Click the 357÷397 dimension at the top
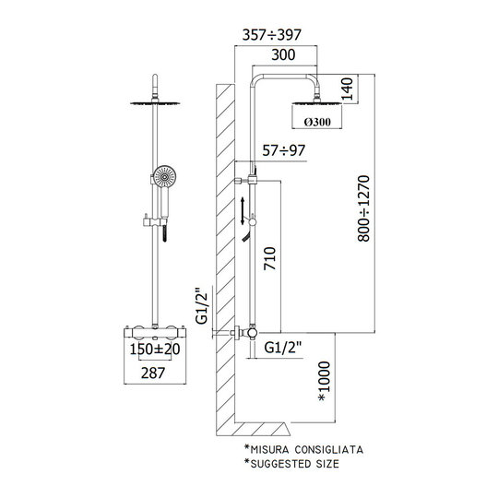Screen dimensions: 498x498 [271, 35]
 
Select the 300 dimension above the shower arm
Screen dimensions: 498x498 [283, 54]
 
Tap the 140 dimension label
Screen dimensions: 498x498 [347, 89]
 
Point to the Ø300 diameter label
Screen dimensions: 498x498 [317, 122]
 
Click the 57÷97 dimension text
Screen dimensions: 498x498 [284, 150]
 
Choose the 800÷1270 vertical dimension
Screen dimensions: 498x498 [363, 208]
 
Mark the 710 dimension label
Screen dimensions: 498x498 [270, 258]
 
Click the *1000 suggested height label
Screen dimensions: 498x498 [325, 381]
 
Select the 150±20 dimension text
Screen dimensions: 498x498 [155, 350]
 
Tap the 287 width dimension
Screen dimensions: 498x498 [153, 373]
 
